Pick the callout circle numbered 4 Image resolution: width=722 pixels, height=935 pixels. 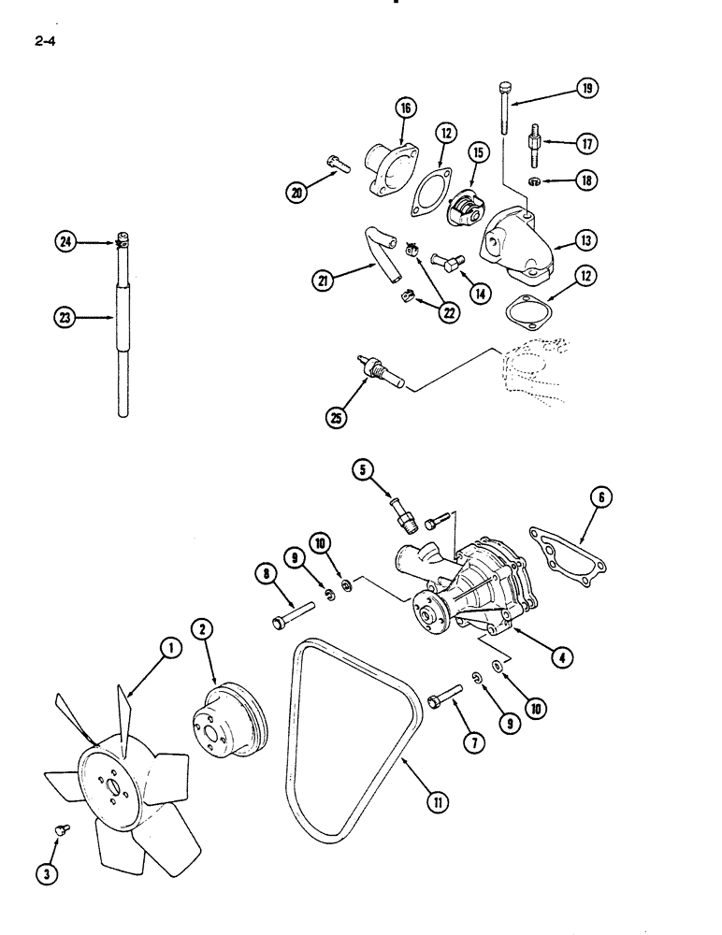(x=560, y=656)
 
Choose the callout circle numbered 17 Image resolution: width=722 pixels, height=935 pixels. (x=587, y=144)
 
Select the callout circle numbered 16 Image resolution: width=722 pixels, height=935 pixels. (x=407, y=109)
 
